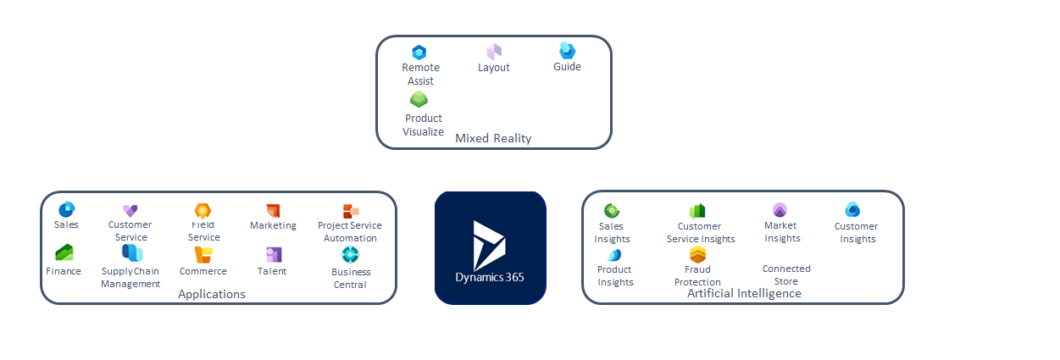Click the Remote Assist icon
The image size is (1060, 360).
pos(419,53)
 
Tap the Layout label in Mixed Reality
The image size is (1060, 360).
pos(494,67)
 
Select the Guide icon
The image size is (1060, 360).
pos(567,51)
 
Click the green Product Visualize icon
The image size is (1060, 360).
pos(419,100)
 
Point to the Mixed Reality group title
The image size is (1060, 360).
pos(493,138)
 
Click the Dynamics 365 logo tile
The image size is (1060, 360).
pos(491,247)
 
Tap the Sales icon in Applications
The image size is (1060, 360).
pos(66,209)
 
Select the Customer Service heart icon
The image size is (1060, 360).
pos(130,210)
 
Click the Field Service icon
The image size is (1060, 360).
pos(203,211)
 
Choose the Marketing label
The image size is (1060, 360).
pos(273,225)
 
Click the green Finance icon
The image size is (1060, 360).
pos(64,252)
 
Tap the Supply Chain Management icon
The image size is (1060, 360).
pos(131,253)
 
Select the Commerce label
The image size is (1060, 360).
pos(203,271)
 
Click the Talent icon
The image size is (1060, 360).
pos(273,254)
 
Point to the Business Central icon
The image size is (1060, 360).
pos(350,254)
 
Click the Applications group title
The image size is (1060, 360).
pos(212,294)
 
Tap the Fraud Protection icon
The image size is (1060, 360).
pos(697,255)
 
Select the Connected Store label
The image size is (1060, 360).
pos(786,274)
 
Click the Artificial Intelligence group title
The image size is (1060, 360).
pos(744,293)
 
